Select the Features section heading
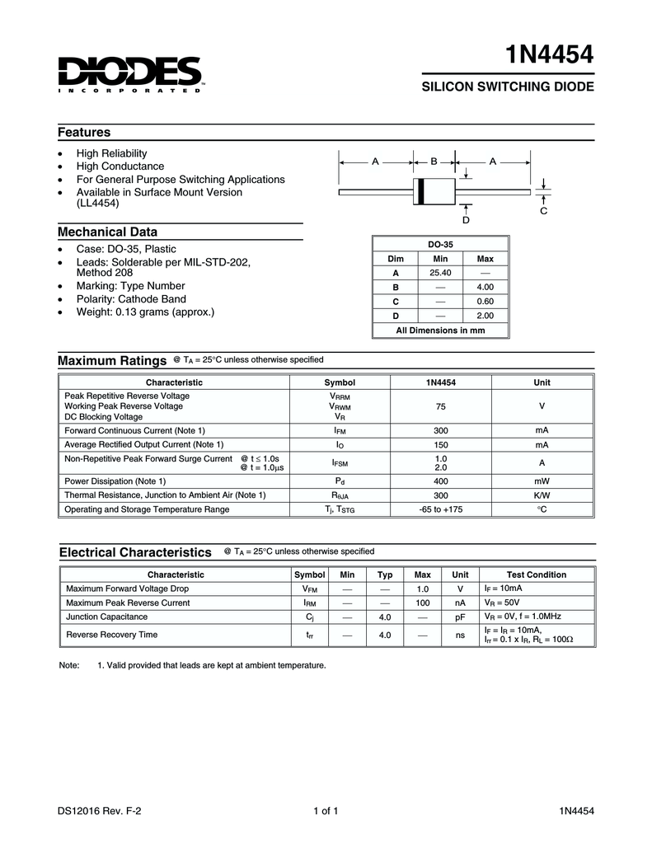click(84, 133)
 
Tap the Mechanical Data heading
click(107, 232)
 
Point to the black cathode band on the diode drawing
click(420, 191)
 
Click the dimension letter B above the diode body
click(434, 162)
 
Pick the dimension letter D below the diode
click(466, 220)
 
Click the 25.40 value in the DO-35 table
click(440, 273)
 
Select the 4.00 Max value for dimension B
click(485, 287)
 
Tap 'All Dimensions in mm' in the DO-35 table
click(440, 330)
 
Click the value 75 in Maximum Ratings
click(441, 406)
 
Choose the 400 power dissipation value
click(441, 481)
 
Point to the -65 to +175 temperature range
click(441, 509)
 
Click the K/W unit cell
click(542, 495)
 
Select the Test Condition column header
click(536, 574)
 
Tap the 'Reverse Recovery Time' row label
click(111, 635)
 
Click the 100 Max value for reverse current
click(423, 603)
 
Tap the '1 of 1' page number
click(326, 811)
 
